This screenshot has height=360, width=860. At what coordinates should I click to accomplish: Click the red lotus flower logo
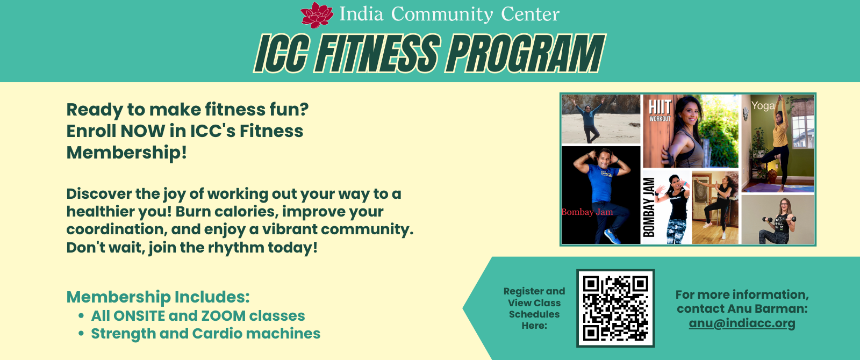point(317,15)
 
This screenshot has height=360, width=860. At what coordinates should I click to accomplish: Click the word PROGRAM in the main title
point(525,53)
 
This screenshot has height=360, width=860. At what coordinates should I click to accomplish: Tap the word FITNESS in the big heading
point(377,53)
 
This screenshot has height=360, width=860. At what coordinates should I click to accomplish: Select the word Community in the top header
point(442,15)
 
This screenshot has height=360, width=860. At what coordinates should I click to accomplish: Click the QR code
point(615,308)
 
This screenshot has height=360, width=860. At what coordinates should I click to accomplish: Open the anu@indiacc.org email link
point(742,323)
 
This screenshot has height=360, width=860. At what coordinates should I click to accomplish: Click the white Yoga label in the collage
point(763,105)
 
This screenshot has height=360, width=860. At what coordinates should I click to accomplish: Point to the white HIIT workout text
point(660,111)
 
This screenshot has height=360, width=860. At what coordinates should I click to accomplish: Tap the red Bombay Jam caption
point(587,212)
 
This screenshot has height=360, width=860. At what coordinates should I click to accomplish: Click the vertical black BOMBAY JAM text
point(649,207)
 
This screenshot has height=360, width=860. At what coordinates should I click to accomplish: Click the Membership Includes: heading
point(158,297)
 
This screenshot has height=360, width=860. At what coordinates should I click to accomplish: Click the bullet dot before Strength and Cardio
point(81,334)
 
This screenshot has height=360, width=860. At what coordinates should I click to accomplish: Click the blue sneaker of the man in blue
point(612,236)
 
